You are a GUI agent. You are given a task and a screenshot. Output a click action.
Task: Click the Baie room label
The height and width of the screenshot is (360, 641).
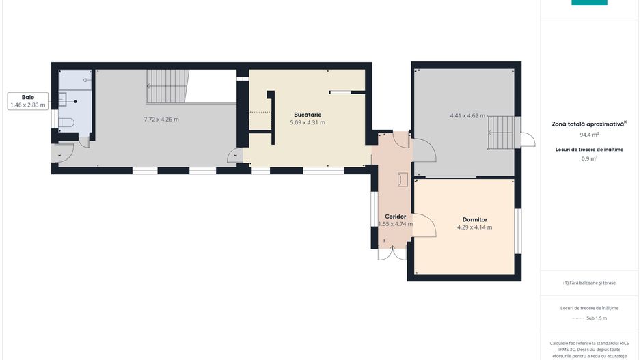click(27, 97)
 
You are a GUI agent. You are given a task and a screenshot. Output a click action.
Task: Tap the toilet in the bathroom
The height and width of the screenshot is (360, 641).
click(67, 123)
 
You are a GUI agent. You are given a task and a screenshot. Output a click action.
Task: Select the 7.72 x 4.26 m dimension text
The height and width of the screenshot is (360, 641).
click(161, 120)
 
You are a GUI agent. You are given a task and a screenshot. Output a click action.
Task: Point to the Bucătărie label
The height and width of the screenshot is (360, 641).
click(308, 114)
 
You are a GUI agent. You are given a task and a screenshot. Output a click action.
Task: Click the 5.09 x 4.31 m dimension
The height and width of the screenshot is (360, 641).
click(308, 123)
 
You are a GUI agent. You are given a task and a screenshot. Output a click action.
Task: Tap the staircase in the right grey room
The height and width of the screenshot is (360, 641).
click(500, 132)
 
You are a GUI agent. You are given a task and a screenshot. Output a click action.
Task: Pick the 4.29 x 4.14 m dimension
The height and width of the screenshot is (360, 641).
click(474, 227)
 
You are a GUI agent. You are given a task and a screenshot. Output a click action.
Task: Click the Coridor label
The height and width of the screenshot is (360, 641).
click(395, 217)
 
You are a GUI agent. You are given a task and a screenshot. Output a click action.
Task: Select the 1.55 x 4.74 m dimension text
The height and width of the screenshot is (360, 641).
click(395, 224)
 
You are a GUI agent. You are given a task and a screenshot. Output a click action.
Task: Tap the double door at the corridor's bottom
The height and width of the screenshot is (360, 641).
click(392, 253)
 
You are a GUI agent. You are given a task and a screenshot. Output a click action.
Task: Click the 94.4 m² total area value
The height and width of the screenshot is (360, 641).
click(589, 135)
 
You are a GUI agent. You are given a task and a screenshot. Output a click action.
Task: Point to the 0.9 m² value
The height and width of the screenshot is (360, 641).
click(589, 158)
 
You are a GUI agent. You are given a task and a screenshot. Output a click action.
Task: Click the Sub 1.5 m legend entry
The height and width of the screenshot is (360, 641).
click(589, 318)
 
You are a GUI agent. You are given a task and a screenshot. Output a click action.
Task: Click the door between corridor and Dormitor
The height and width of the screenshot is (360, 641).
click(424, 225)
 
